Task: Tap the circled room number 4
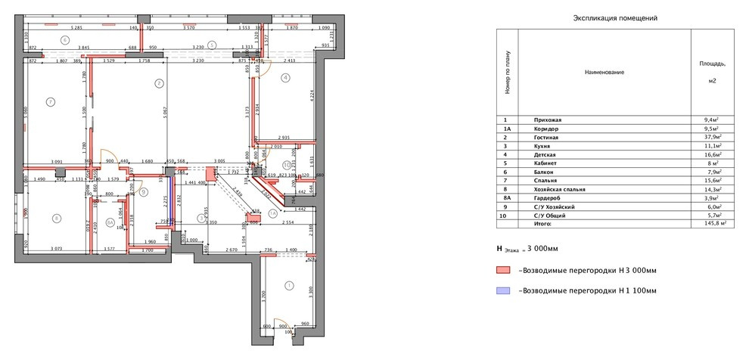click(x=285, y=77)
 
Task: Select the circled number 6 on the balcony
click(x=66, y=39)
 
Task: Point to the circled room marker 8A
click(x=110, y=223)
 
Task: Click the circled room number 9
click(x=143, y=192)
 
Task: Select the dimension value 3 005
click(x=219, y=161)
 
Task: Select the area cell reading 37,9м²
click(x=711, y=139)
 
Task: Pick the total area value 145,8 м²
click(x=712, y=224)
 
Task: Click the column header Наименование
click(x=604, y=72)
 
